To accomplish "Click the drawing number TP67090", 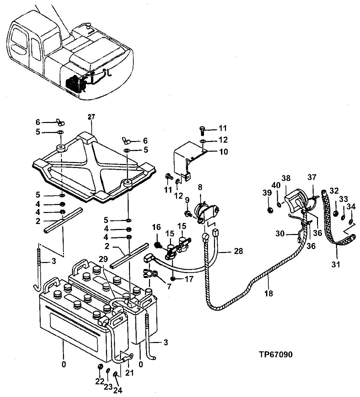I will [275, 354].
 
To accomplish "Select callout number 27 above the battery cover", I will [91, 117].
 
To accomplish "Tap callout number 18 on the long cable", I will [269, 293].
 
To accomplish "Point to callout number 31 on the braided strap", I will [336, 265].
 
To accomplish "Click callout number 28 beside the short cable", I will [239, 251].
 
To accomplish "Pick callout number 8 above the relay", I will [200, 188].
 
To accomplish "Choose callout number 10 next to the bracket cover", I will [223, 152].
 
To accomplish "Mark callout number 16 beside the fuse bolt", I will [156, 228].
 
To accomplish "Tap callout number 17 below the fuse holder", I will [189, 279].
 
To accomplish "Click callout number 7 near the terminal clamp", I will [169, 286].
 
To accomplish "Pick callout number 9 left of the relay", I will [187, 200].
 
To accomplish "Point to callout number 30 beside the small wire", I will [280, 234].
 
